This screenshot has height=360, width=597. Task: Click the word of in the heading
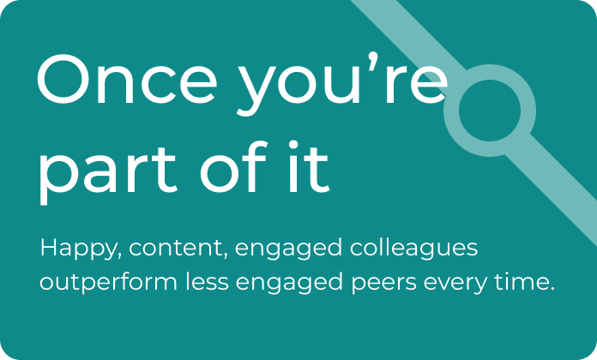point(234,166)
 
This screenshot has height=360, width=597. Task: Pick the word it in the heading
point(309,166)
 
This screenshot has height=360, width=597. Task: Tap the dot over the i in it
point(293,146)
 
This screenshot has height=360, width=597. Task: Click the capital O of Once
point(63,80)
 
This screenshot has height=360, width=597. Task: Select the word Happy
point(81,249)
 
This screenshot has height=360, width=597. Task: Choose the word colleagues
point(413,249)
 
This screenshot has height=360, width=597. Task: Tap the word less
point(207,282)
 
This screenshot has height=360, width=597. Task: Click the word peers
point(383,284)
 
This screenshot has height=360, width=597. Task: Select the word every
point(455,284)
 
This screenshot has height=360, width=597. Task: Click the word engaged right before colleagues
point(288,249)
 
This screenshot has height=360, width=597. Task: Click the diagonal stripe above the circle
point(409,35)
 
